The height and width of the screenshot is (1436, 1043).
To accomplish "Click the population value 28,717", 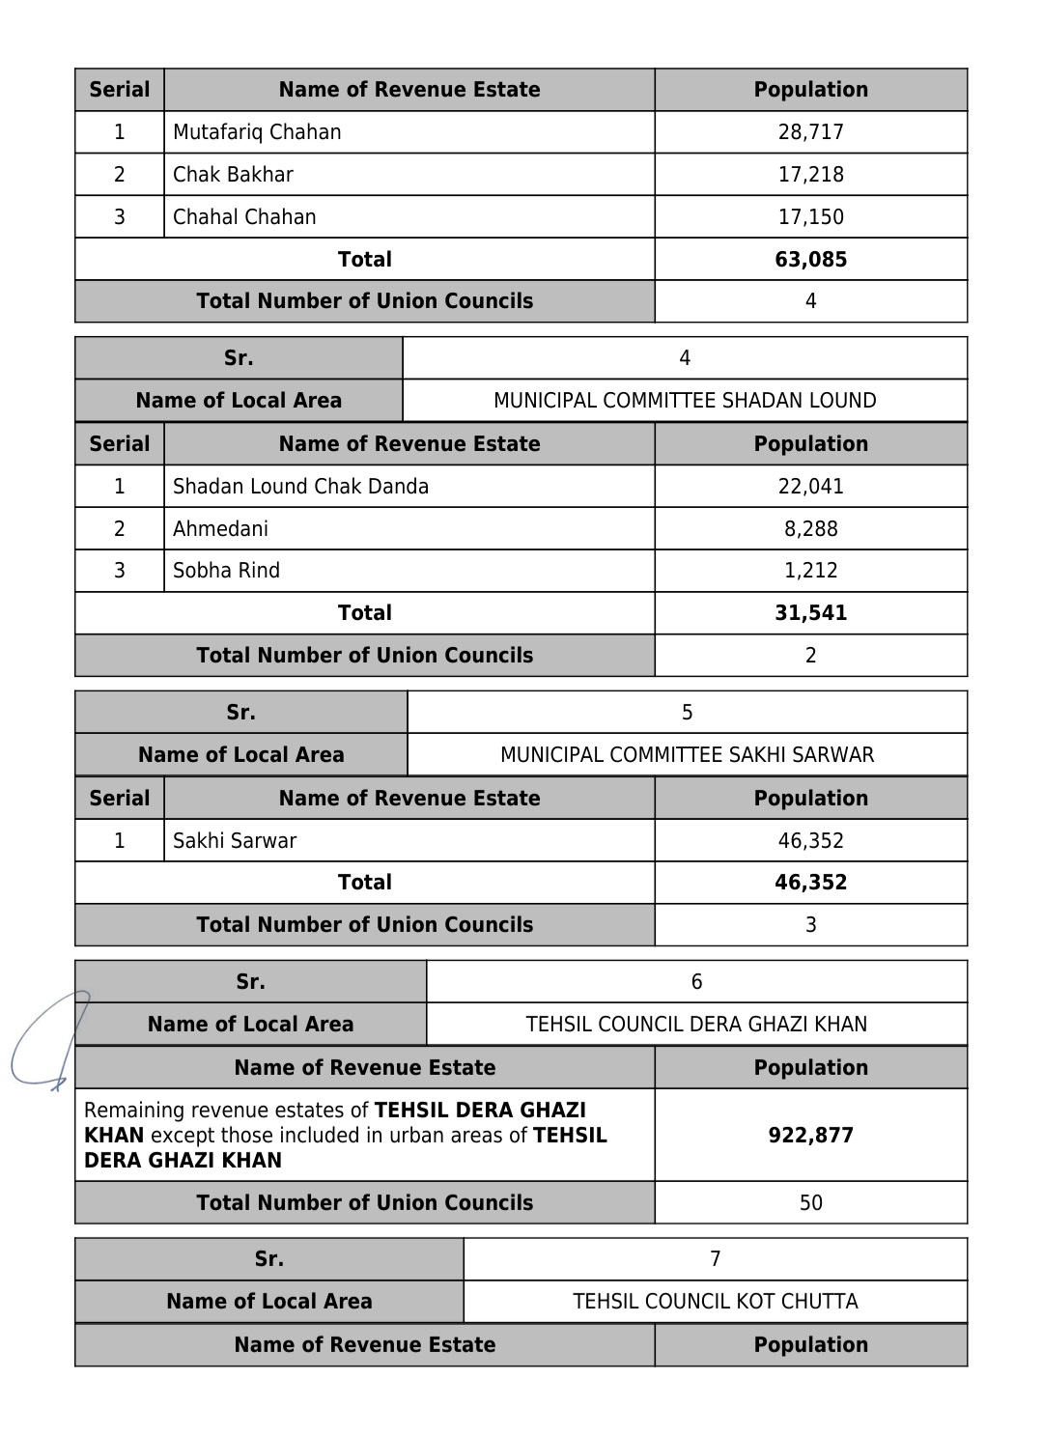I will [810, 132].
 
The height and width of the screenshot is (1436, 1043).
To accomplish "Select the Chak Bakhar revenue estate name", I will [233, 175].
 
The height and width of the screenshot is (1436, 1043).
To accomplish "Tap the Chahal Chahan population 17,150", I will [810, 217].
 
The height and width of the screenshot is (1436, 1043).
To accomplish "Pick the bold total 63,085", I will [810, 260].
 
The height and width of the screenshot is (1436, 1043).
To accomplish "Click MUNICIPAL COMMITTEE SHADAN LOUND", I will [685, 401].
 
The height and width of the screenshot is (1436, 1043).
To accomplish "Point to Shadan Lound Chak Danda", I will [300, 487].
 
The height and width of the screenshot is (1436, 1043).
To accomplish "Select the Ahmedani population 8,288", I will [810, 529].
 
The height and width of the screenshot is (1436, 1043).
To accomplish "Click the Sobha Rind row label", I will [226, 571].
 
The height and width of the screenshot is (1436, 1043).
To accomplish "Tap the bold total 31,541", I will [810, 613].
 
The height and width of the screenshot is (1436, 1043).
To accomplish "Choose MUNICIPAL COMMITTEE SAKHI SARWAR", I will [687, 755].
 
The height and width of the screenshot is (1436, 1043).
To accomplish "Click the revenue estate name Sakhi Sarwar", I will [235, 841].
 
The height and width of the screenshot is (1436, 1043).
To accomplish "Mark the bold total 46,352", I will [810, 883].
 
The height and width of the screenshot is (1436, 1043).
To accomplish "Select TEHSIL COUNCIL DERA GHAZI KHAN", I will [696, 1025].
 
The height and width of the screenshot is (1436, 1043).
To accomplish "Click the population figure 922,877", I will [810, 1136].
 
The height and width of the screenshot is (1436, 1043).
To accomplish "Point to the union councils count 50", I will [810, 1203].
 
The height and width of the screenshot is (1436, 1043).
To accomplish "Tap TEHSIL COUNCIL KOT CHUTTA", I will [715, 1302].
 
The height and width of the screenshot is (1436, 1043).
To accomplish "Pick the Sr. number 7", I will [715, 1259].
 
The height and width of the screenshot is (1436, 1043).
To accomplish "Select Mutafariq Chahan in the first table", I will [257, 132].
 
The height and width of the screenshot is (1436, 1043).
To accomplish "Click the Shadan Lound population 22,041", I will [810, 487].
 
